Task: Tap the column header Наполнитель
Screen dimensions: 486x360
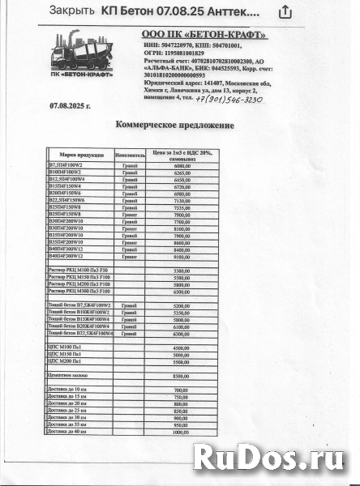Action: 129,154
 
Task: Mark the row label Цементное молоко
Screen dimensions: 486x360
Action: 70,376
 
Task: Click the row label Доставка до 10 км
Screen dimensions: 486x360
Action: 68,390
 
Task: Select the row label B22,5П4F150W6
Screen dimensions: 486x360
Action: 72,200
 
